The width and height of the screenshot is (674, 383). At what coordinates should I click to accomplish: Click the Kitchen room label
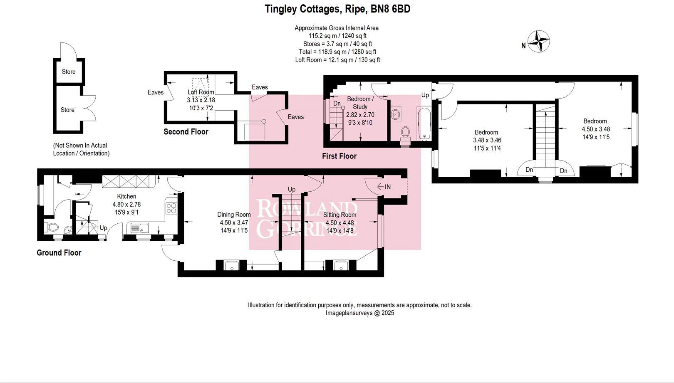[x=126, y=196]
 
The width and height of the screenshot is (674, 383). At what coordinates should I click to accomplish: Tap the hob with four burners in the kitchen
[x=171, y=208]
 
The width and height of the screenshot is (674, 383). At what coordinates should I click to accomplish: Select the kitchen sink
[x=140, y=228]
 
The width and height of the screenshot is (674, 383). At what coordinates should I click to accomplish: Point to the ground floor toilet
[x=52, y=227]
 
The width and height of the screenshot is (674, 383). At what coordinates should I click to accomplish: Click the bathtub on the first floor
[x=424, y=124]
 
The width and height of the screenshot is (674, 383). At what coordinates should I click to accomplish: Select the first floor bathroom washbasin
[x=396, y=114]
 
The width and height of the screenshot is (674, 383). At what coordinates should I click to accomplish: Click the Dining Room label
[x=234, y=215]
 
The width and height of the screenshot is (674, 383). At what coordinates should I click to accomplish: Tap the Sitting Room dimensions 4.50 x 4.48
[x=339, y=223]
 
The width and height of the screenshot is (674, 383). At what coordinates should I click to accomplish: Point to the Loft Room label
[x=201, y=92]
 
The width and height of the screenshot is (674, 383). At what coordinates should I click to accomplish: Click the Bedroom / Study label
[x=360, y=103]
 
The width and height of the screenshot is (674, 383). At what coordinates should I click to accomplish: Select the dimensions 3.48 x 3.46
[x=487, y=140]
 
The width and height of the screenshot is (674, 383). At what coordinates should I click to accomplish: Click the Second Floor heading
[x=186, y=132]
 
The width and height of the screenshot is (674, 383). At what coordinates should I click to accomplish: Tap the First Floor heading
[x=339, y=156]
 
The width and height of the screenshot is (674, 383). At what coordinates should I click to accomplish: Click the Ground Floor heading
[x=59, y=253]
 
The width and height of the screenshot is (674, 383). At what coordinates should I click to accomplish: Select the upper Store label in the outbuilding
[x=69, y=72]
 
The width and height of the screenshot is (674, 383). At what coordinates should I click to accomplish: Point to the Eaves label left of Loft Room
[x=156, y=92]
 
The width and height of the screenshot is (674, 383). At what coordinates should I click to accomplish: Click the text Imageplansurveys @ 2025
[x=359, y=313]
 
